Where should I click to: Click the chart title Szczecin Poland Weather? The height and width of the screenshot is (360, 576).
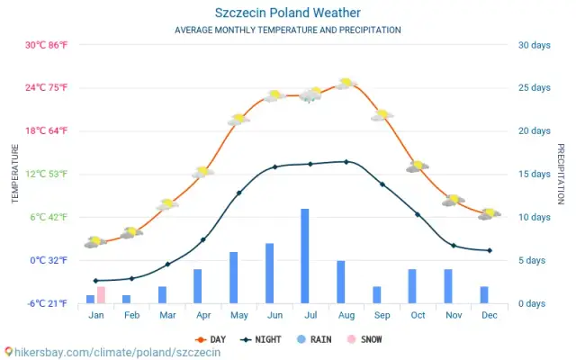(288, 13)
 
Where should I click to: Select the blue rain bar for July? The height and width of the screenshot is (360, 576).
(305, 256)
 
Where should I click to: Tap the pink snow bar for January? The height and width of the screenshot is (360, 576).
(101, 294)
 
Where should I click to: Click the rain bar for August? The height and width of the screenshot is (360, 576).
(341, 282)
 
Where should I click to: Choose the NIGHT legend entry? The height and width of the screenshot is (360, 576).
(260, 339)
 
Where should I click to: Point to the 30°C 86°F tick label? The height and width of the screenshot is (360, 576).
(46, 45)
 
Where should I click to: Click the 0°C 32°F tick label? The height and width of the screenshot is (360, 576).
(46, 260)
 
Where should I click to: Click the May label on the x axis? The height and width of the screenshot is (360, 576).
(238, 315)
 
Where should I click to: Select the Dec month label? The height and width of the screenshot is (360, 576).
(489, 315)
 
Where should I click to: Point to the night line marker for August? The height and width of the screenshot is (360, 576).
(346, 162)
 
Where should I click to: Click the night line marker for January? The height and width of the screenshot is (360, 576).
(95, 281)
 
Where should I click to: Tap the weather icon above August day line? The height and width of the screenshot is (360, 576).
(346, 84)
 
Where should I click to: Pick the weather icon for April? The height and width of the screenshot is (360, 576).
(202, 171)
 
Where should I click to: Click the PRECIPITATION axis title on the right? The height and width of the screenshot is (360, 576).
(560, 174)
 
